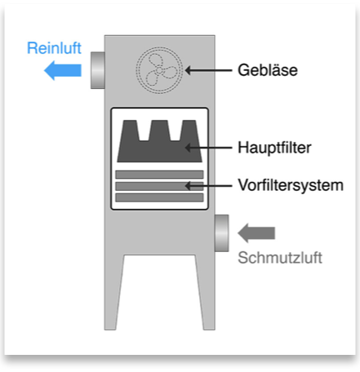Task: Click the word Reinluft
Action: (x=54, y=48)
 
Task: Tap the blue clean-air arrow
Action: (x=63, y=70)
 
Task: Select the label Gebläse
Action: (x=268, y=70)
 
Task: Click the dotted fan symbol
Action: (x=159, y=70)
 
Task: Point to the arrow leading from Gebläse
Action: (x=208, y=70)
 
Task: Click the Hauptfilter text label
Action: (x=274, y=148)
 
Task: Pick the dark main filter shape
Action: (x=160, y=141)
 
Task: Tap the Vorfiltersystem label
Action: (x=291, y=185)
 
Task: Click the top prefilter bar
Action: (x=159, y=175)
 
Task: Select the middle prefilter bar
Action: (x=159, y=186)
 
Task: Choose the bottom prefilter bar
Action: (x=159, y=197)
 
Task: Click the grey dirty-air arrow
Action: (x=256, y=233)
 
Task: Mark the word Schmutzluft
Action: (x=280, y=258)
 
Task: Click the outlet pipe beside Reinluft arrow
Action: (x=98, y=70)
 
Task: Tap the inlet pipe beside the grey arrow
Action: (x=222, y=233)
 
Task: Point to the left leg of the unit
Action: (x=113, y=292)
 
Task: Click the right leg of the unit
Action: (x=206, y=292)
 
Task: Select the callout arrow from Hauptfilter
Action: (x=208, y=148)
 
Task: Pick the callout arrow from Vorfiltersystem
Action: (x=208, y=186)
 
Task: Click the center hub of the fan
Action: (x=159, y=70)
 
